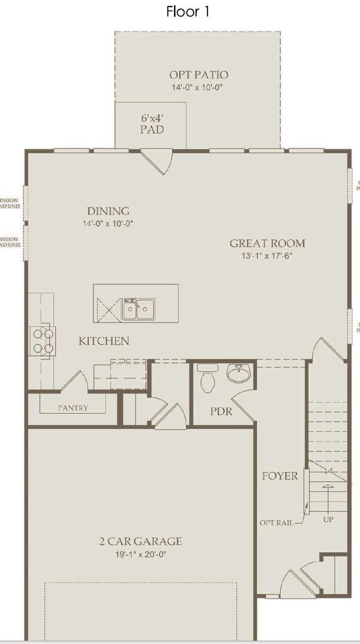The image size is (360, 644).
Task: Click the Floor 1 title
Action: click(x=188, y=11)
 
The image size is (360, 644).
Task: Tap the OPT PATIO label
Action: click(x=198, y=75)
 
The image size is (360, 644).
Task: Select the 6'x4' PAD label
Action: click(x=152, y=123)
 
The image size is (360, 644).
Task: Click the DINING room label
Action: click(x=108, y=211)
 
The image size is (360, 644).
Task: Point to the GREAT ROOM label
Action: click(x=268, y=243)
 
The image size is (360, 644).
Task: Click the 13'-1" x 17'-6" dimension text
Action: click(x=268, y=255)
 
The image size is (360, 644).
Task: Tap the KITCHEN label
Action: click(x=104, y=341)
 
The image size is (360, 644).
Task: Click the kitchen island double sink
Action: click(x=138, y=309)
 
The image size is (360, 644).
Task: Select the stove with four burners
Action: click(x=42, y=341)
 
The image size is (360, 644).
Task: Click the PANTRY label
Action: click(x=73, y=408)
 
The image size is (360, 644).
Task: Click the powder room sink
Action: click(x=240, y=374)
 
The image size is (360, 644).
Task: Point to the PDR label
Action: click(x=221, y=412)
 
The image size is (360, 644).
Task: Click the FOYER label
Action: click(x=280, y=476)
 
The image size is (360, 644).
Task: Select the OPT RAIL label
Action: click(x=276, y=523)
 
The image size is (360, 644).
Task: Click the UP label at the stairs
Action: click(x=327, y=519)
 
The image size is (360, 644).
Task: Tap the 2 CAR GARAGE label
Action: click(x=141, y=541)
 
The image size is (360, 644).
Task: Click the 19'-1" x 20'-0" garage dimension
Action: click(x=141, y=554)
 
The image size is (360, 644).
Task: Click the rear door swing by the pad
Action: click(x=157, y=161)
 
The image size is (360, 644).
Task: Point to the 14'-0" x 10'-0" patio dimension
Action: click(x=198, y=87)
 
